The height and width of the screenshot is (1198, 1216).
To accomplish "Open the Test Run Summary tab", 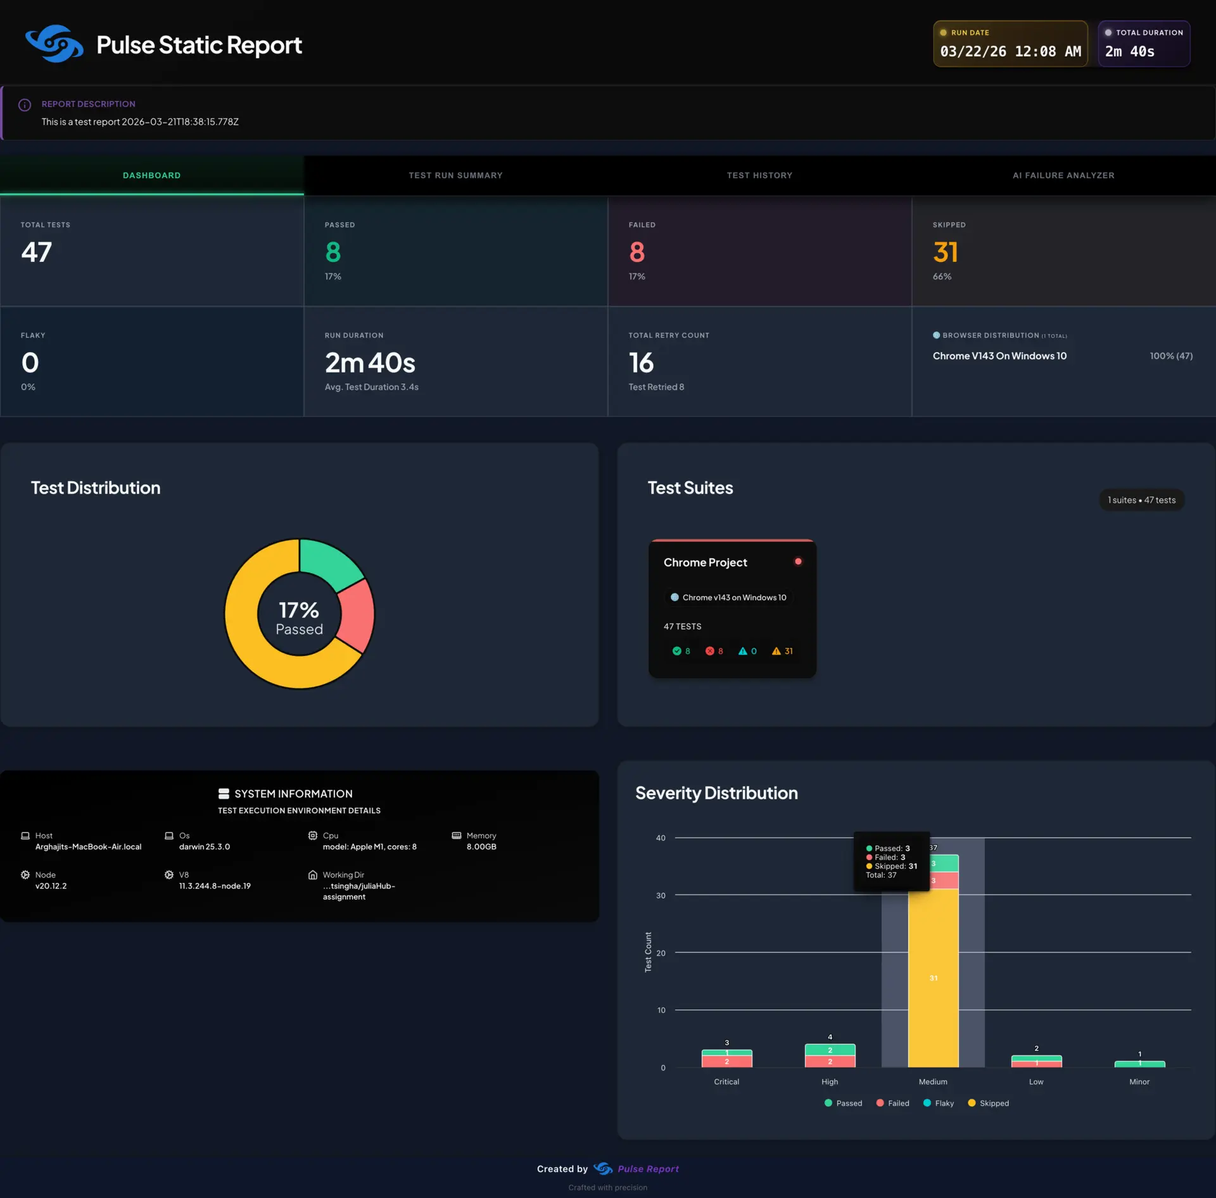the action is [455, 175].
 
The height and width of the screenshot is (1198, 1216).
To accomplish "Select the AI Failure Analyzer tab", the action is [1063, 175].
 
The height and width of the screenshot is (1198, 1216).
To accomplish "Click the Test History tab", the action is [759, 175].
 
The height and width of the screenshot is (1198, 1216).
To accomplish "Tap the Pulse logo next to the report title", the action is [54, 44].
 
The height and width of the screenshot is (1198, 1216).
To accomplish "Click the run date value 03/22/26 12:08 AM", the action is [1010, 52].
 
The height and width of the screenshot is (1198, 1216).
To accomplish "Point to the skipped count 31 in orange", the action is [945, 252].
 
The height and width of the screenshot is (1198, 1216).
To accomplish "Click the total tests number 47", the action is [36, 252].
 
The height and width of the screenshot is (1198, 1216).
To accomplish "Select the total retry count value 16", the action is [641, 363].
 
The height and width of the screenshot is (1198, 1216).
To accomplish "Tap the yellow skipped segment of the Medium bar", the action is [933, 978].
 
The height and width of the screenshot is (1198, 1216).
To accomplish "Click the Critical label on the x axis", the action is [726, 1081].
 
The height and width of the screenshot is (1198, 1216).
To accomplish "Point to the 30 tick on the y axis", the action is [661, 895].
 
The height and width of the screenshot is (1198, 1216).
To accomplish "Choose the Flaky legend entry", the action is [939, 1103].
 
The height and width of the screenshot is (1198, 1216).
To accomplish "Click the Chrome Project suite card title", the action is [705, 562].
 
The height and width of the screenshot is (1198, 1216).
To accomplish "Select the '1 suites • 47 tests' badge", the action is [1141, 500].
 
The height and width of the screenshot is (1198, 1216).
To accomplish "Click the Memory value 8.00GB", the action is [481, 847].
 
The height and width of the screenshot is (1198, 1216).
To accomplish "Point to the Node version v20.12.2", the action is [51, 886].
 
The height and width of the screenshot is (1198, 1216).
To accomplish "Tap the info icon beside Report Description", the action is [25, 105].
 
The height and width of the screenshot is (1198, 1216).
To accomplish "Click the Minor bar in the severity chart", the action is [1139, 1064].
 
